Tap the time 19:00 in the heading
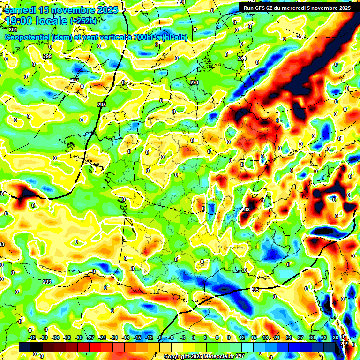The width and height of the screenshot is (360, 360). point(19,21)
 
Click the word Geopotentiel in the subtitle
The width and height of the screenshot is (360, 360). point(27,37)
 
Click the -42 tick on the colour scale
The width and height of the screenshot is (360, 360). point(32,337)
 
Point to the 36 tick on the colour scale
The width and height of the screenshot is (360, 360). point(336,337)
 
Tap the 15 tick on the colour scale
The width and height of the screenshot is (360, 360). point(254,337)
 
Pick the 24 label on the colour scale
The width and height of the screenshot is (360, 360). point(289,337)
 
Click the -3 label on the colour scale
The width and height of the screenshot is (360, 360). point(183,337)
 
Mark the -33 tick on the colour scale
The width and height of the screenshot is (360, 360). point(67,337)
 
